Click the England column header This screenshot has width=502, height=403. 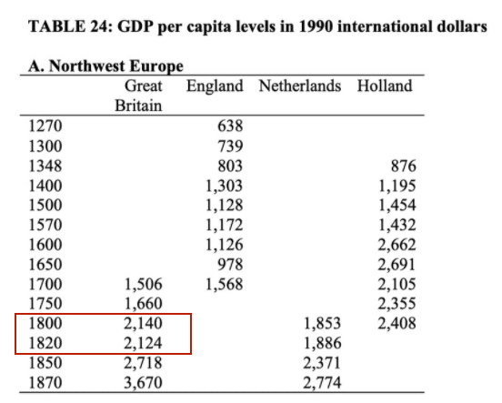(215, 86)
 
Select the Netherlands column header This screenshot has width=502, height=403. (300, 86)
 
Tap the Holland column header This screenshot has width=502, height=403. (385, 86)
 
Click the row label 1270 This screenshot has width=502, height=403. (45, 126)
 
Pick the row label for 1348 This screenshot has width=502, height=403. (45, 166)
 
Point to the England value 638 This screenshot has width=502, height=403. (230, 126)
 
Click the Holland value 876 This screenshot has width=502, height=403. (404, 166)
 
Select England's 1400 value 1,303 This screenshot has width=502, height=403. (224, 186)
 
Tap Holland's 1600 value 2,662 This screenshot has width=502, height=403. (397, 245)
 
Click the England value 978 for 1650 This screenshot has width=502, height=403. (230, 265)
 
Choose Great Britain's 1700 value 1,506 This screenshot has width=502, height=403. (143, 285)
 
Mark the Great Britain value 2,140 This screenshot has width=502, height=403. (143, 324)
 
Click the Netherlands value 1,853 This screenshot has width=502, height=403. (322, 324)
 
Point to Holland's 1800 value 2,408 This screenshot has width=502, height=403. (397, 324)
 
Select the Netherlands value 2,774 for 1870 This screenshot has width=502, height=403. (322, 383)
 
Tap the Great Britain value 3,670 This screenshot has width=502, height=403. (143, 383)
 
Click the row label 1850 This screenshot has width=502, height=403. (45, 363)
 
